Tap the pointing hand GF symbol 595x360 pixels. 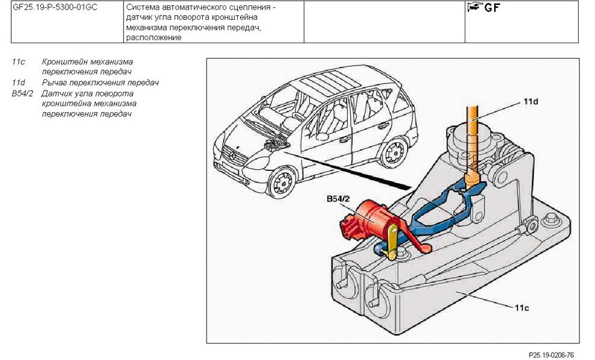483,8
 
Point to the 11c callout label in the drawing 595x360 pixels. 521,308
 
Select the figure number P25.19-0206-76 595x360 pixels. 552,355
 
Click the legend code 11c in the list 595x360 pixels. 17,62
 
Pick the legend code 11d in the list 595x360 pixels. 18,82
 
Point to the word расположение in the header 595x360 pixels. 153,37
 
